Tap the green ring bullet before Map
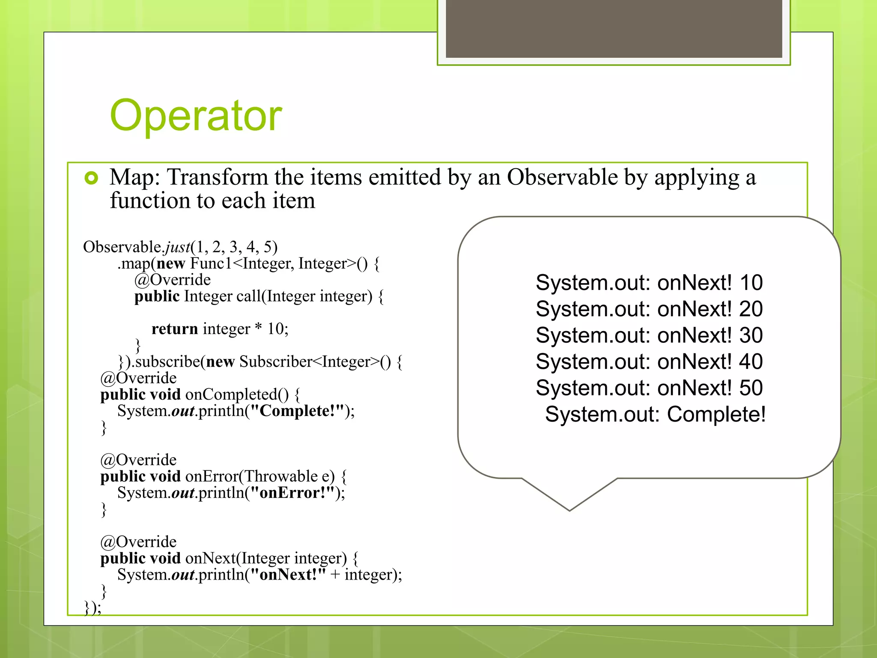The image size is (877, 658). pyautogui.click(x=91, y=178)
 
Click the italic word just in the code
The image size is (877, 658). pyautogui.click(x=178, y=247)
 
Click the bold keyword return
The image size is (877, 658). pyautogui.click(x=175, y=329)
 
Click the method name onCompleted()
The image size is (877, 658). pyautogui.click(x=237, y=395)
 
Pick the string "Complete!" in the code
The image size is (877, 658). pyautogui.click(x=298, y=411)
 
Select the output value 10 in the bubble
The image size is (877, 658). pyautogui.click(x=751, y=283)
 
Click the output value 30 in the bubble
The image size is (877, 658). pyautogui.click(x=751, y=335)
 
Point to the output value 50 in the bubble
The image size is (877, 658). pyautogui.click(x=751, y=388)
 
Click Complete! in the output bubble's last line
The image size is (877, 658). pyautogui.click(x=716, y=414)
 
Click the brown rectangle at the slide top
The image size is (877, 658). pyautogui.click(x=614, y=28)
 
